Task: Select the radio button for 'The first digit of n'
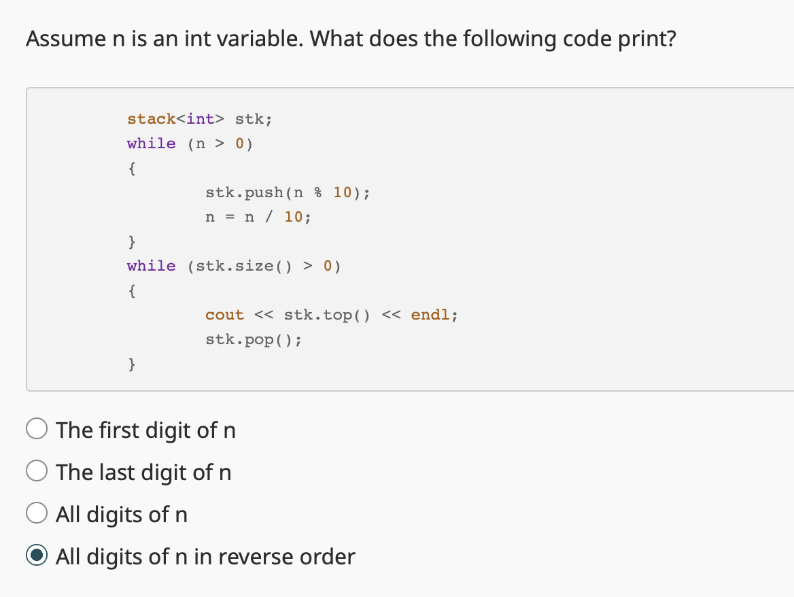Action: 37,430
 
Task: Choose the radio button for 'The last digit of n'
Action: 37,472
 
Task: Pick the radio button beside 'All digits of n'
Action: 37,514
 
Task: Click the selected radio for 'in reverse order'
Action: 37,556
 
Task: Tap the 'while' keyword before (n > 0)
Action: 151,143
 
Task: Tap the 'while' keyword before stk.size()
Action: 151,266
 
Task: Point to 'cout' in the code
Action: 224,315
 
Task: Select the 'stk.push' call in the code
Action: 245,192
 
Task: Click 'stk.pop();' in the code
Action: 253,339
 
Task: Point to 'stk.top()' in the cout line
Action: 327,315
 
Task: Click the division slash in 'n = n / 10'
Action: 270,218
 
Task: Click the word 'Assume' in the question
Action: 62,39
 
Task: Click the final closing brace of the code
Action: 131,364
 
